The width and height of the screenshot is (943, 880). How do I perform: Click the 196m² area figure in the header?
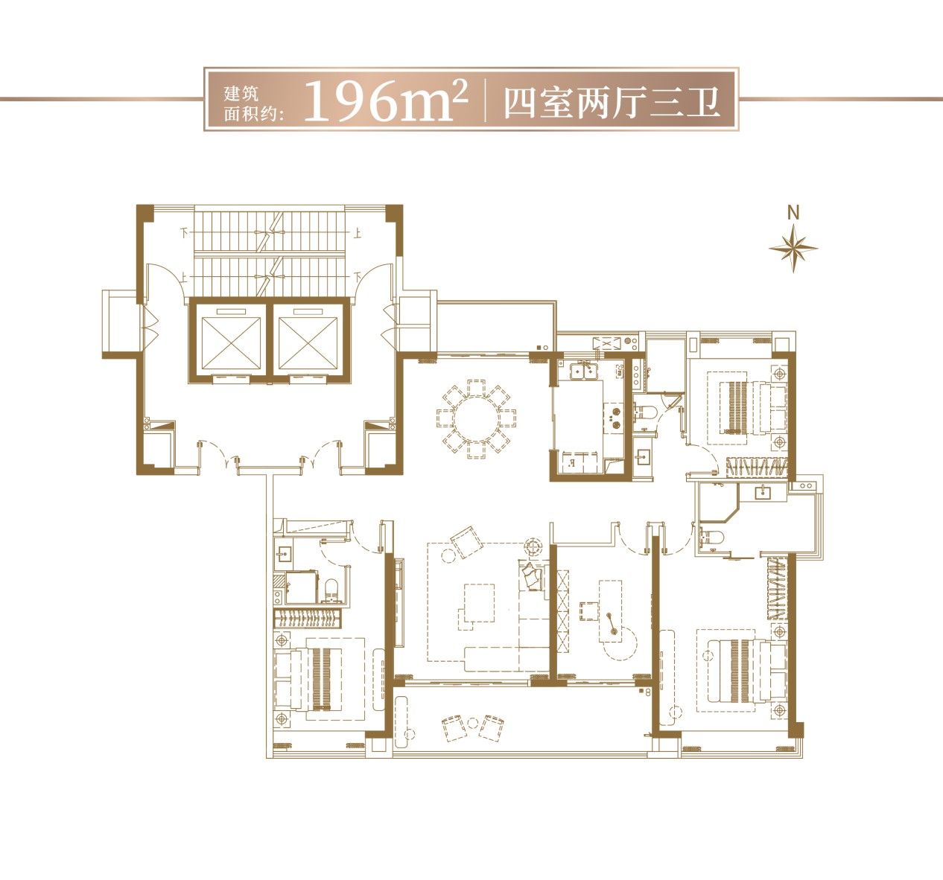pyautogui.click(x=386, y=101)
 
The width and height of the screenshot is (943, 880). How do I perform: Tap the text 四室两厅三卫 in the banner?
pyautogui.click(x=612, y=103)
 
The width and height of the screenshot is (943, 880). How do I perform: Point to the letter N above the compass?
pyautogui.click(x=793, y=213)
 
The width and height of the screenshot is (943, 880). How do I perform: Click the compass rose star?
pyautogui.click(x=793, y=248)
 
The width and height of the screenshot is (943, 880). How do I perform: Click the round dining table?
pyautogui.click(x=477, y=419)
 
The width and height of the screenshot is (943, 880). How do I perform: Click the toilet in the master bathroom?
pyautogui.click(x=712, y=537)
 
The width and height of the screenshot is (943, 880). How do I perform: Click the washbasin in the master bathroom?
pyautogui.click(x=763, y=492)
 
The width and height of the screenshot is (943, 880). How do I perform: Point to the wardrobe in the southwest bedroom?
pyautogui.click(x=308, y=618)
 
